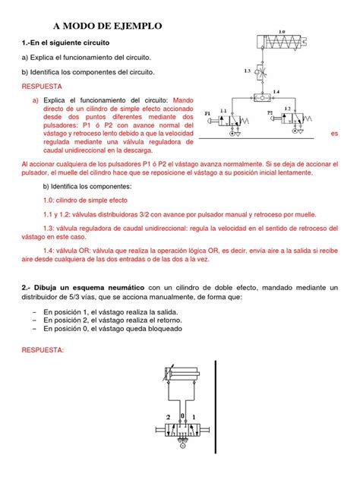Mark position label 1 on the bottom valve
tap(196, 418)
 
